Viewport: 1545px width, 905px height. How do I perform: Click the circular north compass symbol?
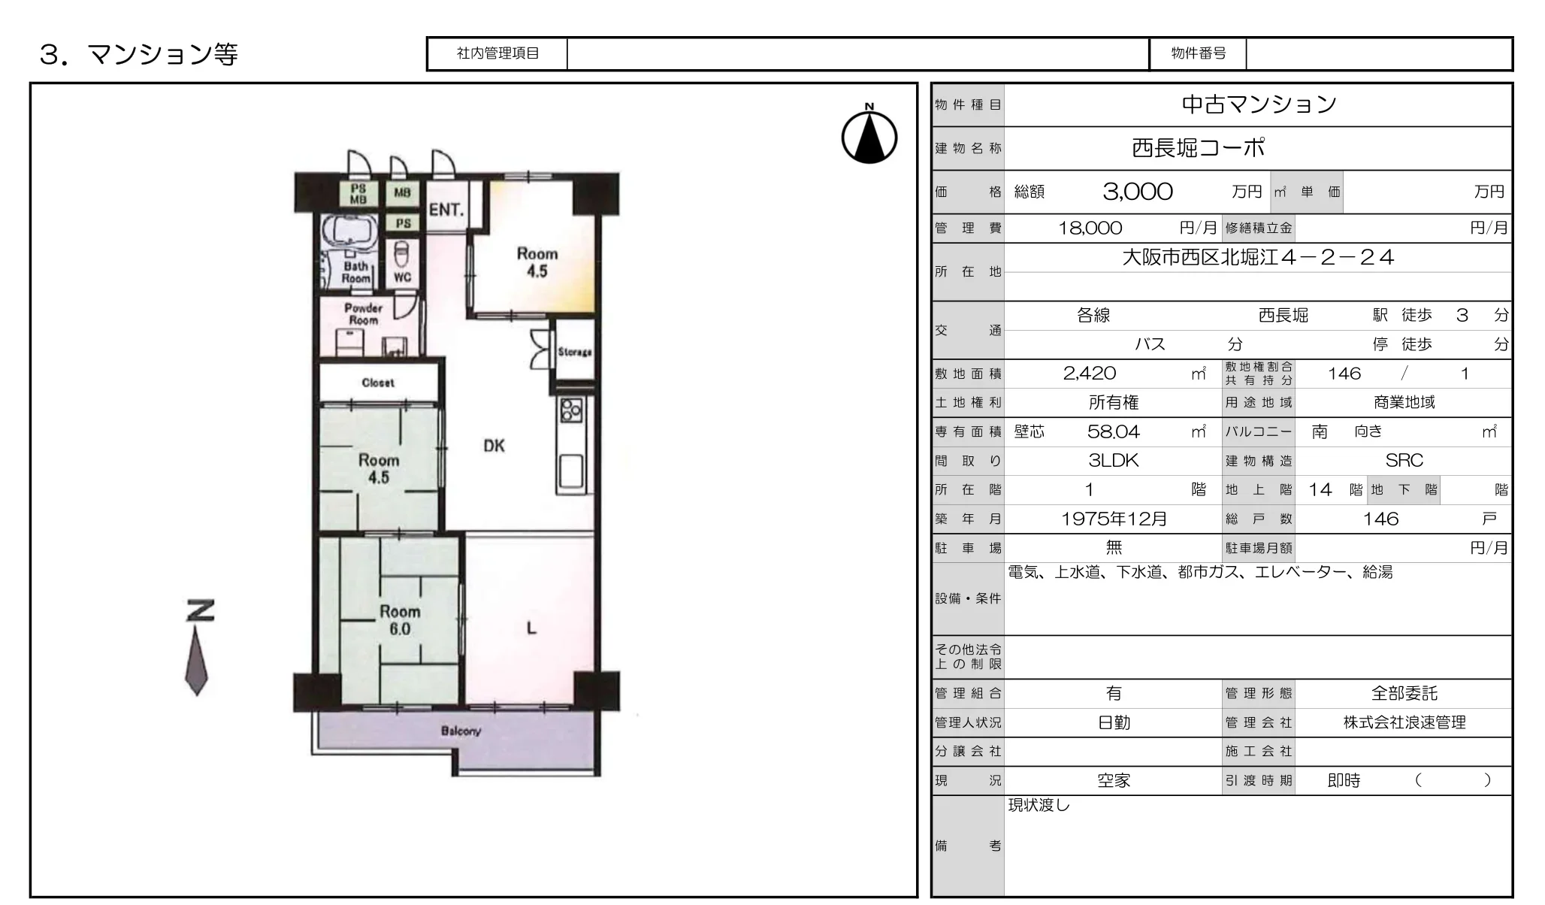869,138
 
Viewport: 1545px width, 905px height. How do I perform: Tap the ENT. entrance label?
446,210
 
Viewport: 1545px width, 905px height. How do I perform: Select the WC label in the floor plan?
403,277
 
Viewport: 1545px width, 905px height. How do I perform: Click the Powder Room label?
364,314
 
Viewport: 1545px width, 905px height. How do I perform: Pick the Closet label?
378,383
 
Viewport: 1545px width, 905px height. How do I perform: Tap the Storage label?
575,352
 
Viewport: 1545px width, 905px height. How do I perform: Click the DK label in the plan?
494,446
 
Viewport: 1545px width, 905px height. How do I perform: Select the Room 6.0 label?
400,620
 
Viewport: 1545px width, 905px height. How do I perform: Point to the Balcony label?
461,731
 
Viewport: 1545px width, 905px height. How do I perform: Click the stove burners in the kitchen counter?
571,410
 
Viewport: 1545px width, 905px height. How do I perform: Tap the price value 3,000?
1138,192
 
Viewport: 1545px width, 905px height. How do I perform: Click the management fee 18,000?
1090,228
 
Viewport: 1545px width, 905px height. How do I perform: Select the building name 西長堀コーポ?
1199,147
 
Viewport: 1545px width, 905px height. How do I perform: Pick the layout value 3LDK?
1114,461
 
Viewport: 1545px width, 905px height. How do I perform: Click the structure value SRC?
1404,461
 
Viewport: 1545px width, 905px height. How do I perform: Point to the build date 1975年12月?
1114,519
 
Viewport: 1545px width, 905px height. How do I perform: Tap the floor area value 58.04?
1114,431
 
